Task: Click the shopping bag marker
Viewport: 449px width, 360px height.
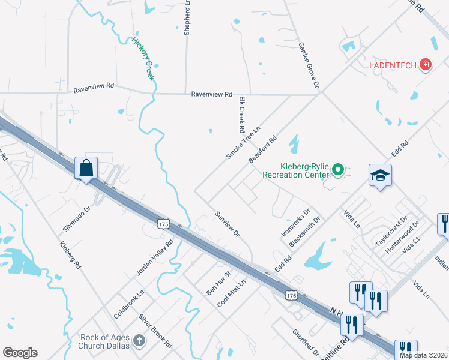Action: point(86,167)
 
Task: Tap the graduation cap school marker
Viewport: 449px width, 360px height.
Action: point(379,175)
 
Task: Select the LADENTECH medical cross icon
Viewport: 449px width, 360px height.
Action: point(426,65)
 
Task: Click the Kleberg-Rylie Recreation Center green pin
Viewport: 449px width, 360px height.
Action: point(338,171)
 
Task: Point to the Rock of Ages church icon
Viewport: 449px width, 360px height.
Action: point(139,341)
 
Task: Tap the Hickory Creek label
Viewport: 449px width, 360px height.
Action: point(144,59)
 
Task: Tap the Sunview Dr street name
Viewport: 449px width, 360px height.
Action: point(228,224)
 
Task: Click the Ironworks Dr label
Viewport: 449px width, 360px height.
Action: point(295,221)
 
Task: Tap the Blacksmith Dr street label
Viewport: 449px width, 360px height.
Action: point(305,231)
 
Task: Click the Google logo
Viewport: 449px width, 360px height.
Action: point(20,353)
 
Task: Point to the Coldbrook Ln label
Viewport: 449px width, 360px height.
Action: point(129,305)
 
